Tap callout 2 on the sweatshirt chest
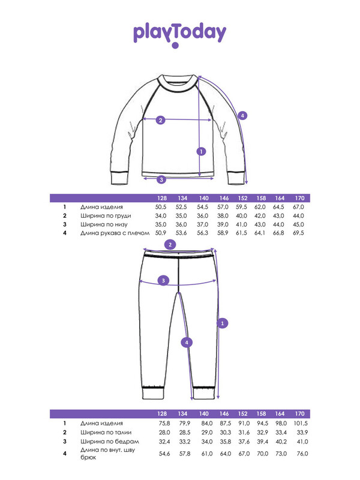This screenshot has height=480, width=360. [161, 120]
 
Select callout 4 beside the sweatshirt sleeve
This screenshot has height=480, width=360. [242, 116]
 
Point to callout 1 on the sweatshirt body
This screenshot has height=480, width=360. [201, 151]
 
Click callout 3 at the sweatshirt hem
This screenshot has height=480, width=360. [161, 179]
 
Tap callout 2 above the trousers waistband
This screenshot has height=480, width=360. [170, 245]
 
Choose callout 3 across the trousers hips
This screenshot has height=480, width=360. [163, 280]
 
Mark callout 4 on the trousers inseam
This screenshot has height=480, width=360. [187, 343]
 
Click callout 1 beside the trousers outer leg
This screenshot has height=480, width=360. [223, 323]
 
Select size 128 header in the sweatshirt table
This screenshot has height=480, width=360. [162, 198]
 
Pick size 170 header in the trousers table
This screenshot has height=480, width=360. [299, 413]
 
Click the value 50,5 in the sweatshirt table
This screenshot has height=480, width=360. [161, 207]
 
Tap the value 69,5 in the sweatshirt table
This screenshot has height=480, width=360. [298, 233]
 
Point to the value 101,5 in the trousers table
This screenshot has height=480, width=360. [301, 424]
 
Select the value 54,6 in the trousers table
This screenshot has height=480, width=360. [164, 454]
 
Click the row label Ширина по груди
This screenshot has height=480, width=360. [106, 216]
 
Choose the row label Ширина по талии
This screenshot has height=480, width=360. [106, 433]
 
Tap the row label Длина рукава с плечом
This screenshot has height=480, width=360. [115, 233]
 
